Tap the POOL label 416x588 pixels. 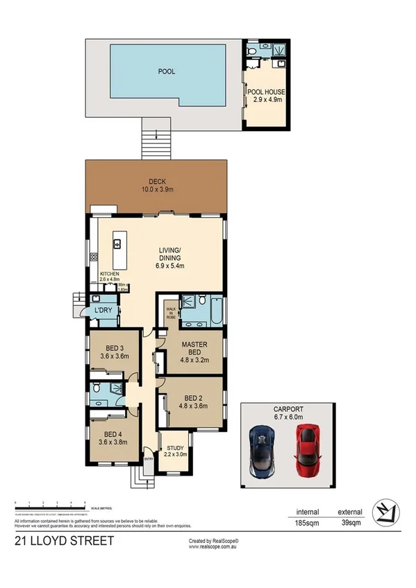coord(166,71)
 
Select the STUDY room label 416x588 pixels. coord(174,451)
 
